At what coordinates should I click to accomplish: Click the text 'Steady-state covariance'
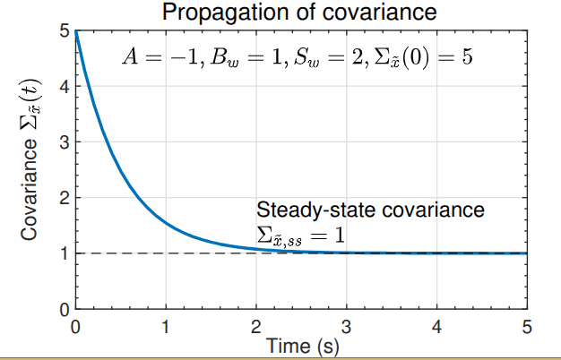(x=370, y=210)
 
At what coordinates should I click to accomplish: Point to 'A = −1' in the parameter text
(x=154, y=57)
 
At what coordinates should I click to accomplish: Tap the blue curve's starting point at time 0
(x=76, y=31)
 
